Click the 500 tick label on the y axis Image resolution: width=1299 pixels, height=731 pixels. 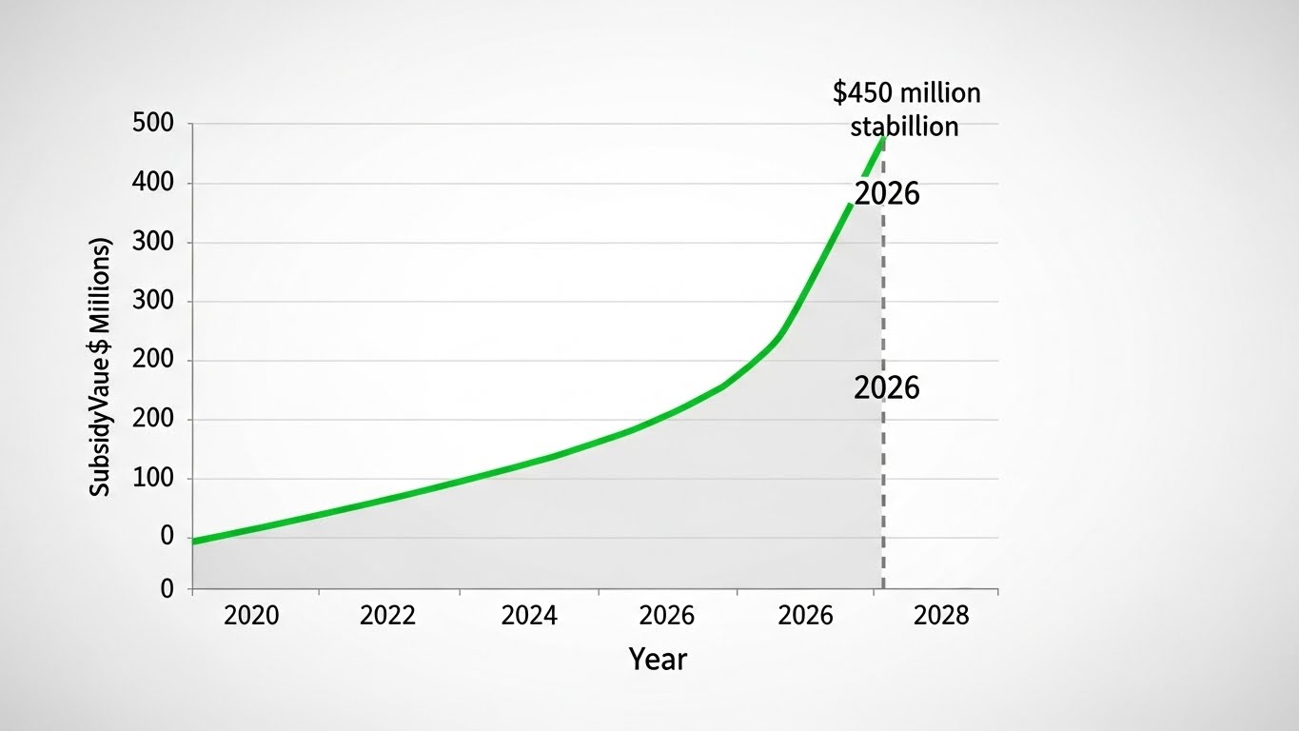[153, 124]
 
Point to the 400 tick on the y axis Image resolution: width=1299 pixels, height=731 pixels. [153, 183]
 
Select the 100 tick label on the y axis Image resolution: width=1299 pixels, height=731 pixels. [153, 479]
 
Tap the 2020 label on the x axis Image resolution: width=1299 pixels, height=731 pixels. [251, 615]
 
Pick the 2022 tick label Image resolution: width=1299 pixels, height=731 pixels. [387, 615]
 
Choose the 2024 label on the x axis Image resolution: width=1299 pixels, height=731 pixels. [528, 615]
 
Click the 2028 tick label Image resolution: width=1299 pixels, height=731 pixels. [940, 615]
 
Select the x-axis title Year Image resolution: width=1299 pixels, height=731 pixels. [658, 659]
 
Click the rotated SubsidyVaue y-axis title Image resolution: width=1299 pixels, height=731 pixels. [101, 365]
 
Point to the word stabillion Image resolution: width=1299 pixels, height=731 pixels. [904, 126]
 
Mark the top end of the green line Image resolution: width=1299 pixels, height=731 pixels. [884, 138]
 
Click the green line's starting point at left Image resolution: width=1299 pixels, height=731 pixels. [194, 541]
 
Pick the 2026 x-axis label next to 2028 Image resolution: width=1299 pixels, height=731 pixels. [805, 615]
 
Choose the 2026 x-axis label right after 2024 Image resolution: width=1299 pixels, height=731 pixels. [666, 615]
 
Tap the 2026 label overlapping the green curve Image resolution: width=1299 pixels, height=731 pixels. [887, 193]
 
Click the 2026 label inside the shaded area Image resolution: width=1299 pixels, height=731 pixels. [887, 387]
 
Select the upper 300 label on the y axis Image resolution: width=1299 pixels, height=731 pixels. [153, 242]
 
